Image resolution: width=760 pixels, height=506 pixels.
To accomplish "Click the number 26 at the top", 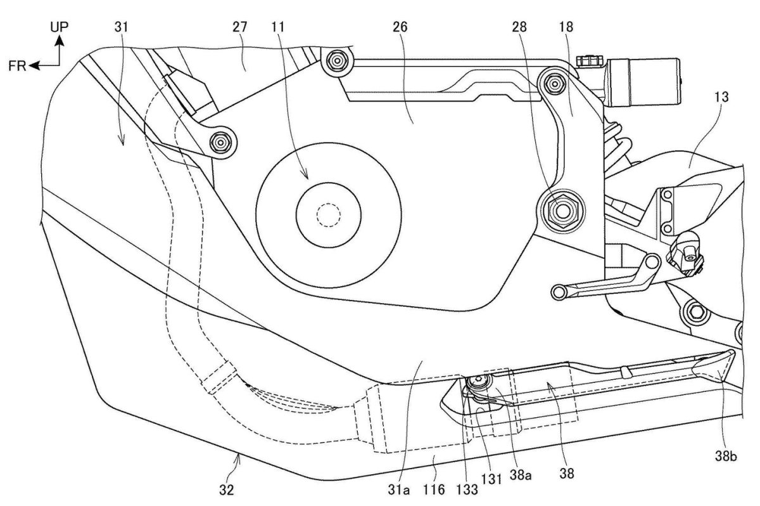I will [x=400, y=28].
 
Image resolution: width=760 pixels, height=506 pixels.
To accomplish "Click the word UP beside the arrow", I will [x=61, y=25].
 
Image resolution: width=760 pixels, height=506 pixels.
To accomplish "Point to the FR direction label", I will [x=18, y=65].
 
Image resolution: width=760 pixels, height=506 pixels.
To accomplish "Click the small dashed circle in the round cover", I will [x=327, y=216].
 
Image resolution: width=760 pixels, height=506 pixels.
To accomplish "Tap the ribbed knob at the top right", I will [x=588, y=62].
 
